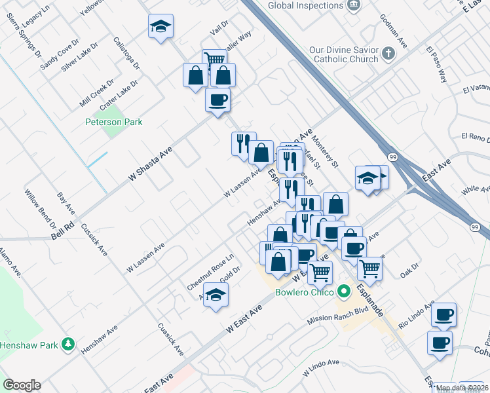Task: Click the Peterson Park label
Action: [114, 122]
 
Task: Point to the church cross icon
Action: [388, 53]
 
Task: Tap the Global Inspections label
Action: [305, 6]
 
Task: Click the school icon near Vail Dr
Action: [160, 27]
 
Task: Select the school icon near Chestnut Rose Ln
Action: [216, 295]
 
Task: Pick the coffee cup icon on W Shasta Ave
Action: [217, 100]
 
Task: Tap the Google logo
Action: [22, 385]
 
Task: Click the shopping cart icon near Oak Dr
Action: [369, 268]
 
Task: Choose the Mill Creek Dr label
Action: [96, 94]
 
